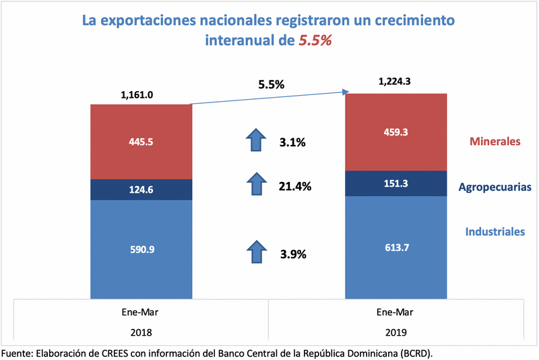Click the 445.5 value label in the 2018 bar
(x=141, y=142)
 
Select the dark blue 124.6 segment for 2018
(x=141, y=189)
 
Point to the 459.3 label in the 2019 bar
(x=395, y=133)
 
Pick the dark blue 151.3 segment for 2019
(x=395, y=183)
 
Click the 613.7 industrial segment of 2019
(x=395, y=247)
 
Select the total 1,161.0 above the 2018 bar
(x=137, y=95)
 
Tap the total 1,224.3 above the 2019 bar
(x=395, y=82)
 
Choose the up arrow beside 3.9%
(x=256, y=252)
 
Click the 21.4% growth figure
(x=294, y=186)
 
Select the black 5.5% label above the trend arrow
(x=272, y=85)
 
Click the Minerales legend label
(x=495, y=142)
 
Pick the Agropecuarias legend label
(x=495, y=187)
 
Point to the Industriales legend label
(x=495, y=232)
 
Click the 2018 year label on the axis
(x=141, y=332)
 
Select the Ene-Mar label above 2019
(x=396, y=312)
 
